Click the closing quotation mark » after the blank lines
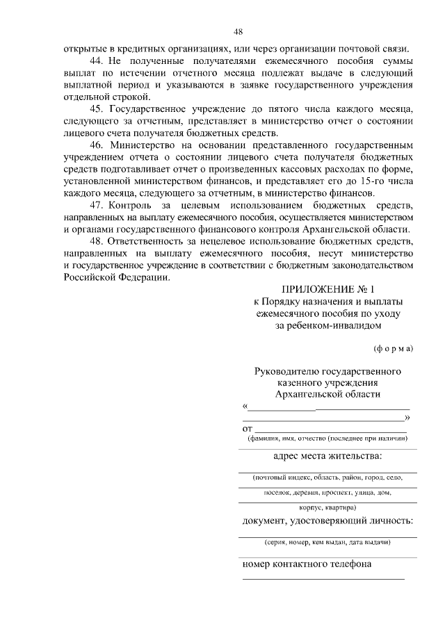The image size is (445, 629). pyautogui.click(x=407, y=417)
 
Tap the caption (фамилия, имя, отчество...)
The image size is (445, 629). pyautogui.click(x=327, y=439)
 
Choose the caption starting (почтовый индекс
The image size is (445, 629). pyautogui.click(x=327, y=479)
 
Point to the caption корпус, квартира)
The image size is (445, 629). pyautogui.click(x=327, y=507)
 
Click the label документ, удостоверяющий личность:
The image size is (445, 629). pyautogui.click(x=327, y=521)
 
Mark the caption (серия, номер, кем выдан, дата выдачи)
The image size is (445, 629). pyautogui.click(x=327, y=542)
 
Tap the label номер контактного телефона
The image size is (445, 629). pyautogui.click(x=307, y=564)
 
